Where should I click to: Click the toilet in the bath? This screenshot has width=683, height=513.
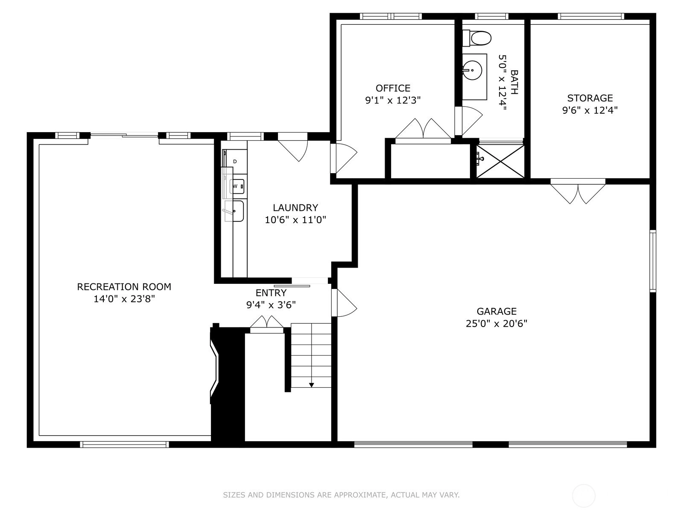pyautogui.click(x=476, y=38)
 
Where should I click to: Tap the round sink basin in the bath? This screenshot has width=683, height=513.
pyautogui.click(x=473, y=70)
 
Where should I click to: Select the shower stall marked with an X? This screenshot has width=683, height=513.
pyautogui.click(x=500, y=161)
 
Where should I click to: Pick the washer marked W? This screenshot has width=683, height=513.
pyautogui.click(x=237, y=186)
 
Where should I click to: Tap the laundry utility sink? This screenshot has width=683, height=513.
pyautogui.click(x=234, y=211)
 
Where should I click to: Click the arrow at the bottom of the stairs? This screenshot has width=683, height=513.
pyautogui.click(x=312, y=385)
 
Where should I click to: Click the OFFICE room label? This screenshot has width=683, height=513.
pyautogui.click(x=393, y=88)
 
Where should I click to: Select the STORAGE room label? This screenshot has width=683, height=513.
pyautogui.click(x=590, y=98)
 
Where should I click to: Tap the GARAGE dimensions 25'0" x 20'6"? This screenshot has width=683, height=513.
pyautogui.click(x=496, y=324)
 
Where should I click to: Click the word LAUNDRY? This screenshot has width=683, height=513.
pyautogui.click(x=295, y=208)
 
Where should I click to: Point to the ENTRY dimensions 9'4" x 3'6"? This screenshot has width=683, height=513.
pyautogui.click(x=271, y=305)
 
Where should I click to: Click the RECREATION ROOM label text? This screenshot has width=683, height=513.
pyautogui.click(x=124, y=287)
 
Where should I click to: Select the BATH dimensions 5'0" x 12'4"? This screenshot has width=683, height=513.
pyautogui.click(x=502, y=83)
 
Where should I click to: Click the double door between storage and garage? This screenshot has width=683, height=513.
pyautogui.click(x=578, y=191)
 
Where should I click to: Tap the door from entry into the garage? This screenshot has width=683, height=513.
pyautogui.click(x=344, y=303)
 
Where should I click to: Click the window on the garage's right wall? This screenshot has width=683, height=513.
pyautogui.click(x=653, y=261)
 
